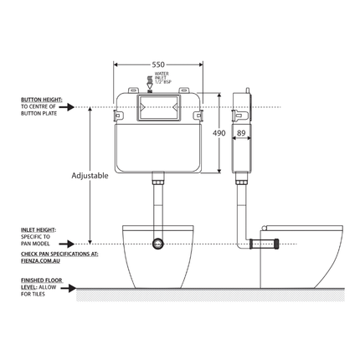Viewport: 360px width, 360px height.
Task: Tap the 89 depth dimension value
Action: click(241, 131)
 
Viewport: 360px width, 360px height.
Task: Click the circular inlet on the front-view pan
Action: click(157, 244)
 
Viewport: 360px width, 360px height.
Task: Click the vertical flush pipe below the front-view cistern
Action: click(157, 205)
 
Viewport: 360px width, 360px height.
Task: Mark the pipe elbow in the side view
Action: click(246, 243)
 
